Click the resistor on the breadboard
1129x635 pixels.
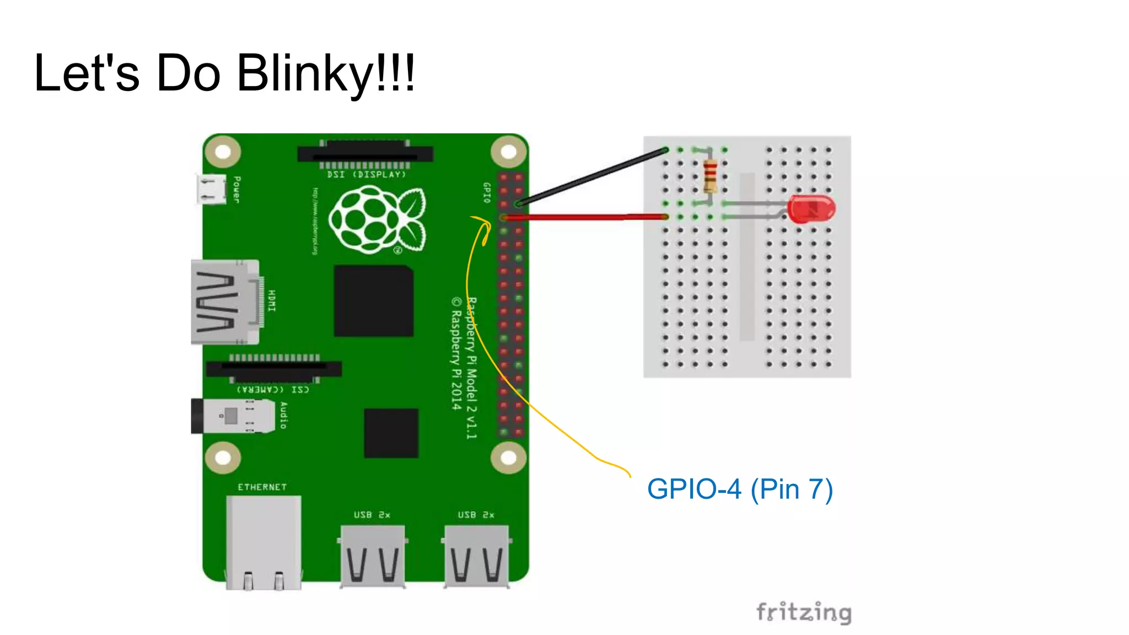click(710, 175)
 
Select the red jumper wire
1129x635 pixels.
click(584, 218)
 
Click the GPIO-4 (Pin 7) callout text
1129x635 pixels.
click(739, 489)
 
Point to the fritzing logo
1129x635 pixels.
click(804, 612)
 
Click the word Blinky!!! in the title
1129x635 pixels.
click(325, 73)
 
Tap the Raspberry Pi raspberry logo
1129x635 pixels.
click(377, 219)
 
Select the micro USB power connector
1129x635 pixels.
click(211, 189)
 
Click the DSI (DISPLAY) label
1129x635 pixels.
click(366, 175)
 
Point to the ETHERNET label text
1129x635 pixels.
click(262, 487)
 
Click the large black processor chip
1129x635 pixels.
click(373, 301)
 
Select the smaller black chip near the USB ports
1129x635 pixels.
click(391, 433)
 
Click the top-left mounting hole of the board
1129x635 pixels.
click(223, 152)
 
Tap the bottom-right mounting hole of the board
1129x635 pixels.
click(508, 458)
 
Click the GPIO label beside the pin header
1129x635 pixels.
click(487, 193)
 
